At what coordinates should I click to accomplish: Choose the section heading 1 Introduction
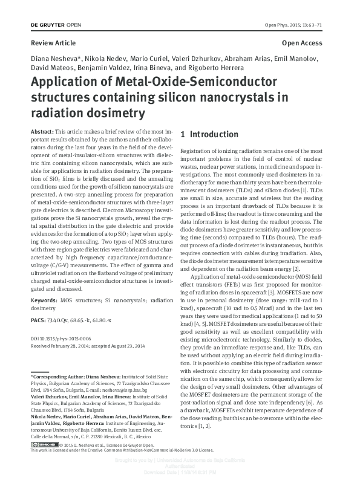click(x=210, y=134)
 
